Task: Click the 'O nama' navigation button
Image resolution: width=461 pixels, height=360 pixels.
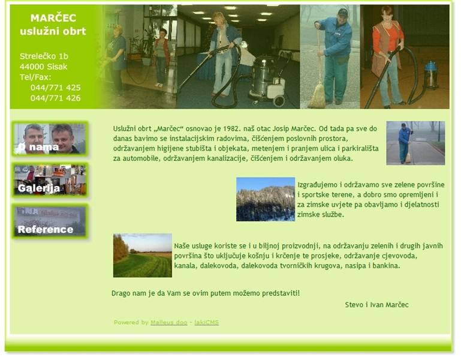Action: tap(50, 139)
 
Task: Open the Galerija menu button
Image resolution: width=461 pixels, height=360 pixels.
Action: tap(50, 179)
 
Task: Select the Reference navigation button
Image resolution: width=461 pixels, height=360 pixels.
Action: tap(50, 221)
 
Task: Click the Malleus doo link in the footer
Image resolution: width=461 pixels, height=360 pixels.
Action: tap(169, 322)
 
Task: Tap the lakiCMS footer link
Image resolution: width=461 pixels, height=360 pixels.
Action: tap(206, 322)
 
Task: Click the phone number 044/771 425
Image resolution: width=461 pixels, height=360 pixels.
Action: tap(56, 88)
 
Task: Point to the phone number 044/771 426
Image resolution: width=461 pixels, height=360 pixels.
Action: tap(56, 98)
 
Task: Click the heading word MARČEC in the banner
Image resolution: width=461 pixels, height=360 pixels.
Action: tap(53, 17)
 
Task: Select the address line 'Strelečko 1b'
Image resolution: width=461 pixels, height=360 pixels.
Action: tap(44, 56)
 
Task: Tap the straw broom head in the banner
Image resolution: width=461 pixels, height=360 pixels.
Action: tap(317, 97)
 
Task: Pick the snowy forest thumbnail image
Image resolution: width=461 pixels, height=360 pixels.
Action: tap(266, 199)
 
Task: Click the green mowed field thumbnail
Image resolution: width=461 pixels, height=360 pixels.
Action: tap(143, 256)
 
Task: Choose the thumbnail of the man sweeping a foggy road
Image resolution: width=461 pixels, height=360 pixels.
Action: tap(415, 143)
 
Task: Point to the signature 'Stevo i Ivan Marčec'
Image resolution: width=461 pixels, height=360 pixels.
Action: tap(376, 305)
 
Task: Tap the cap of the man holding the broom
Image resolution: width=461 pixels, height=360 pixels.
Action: tap(342, 13)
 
